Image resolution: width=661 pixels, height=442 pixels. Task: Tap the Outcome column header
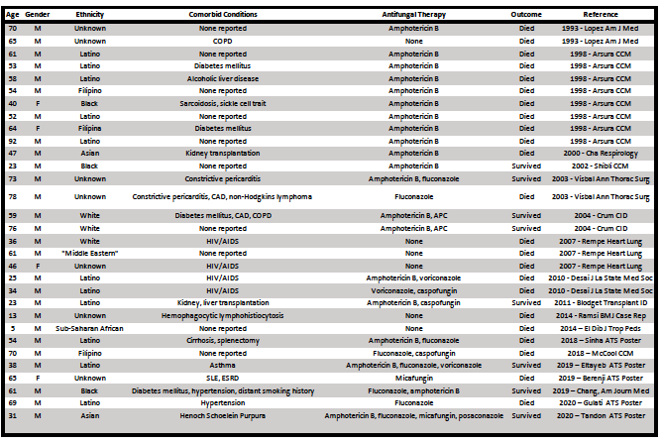[x=526, y=16]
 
